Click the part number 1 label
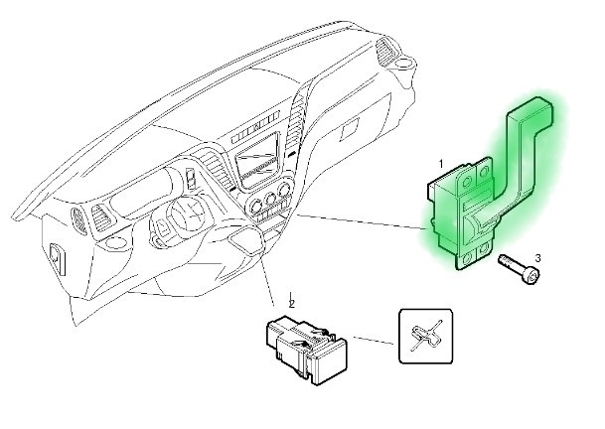click(x=441, y=164)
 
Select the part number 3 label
click(x=537, y=258)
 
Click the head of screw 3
click(x=532, y=276)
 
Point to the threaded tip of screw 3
click(x=502, y=258)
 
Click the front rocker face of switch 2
click(x=330, y=364)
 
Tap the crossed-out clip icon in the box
click(x=425, y=336)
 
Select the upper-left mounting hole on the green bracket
click(x=466, y=182)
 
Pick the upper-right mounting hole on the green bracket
click(x=485, y=170)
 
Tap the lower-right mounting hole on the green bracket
click(x=483, y=251)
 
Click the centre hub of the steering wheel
click(x=187, y=214)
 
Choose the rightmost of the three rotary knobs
click(x=284, y=190)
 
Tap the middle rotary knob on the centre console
click(x=270, y=199)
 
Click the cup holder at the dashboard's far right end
click(x=405, y=63)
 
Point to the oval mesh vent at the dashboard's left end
click(x=79, y=220)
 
